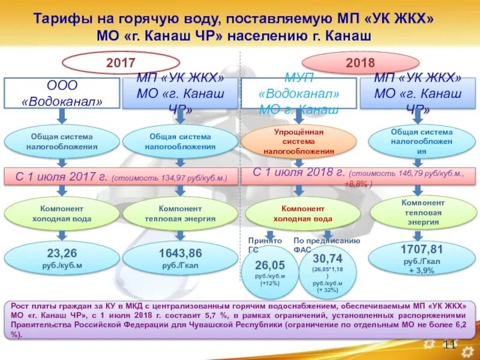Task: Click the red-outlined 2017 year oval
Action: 121,62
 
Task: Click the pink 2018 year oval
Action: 360,62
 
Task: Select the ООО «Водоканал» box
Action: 62,93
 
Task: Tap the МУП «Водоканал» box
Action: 299,93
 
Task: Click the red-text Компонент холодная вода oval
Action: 298,214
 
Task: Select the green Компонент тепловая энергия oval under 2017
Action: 179,214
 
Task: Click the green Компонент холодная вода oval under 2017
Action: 62,214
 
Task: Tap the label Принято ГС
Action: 265,245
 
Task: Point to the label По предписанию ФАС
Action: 326,245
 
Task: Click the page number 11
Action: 449,343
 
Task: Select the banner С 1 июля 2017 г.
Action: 120,177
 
